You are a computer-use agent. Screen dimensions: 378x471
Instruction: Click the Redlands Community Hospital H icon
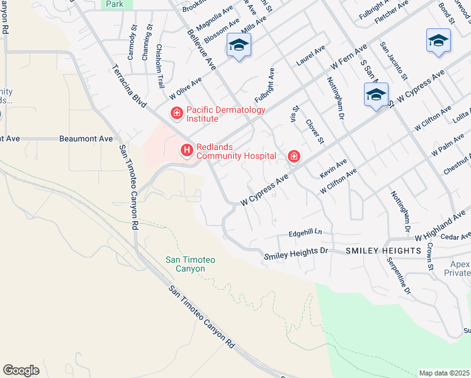pos(186,150)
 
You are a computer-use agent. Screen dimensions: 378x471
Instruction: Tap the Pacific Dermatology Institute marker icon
pos(178,113)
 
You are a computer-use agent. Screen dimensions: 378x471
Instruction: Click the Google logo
pos(21,370)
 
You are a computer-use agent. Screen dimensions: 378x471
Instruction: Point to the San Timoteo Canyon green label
pos(190,264)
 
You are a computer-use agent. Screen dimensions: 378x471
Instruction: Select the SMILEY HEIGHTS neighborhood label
pos(383,251)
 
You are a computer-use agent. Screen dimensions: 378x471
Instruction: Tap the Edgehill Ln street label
pos(305,232)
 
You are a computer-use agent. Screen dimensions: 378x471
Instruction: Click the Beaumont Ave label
pos(86,138)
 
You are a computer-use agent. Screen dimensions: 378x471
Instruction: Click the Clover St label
pos(314,130)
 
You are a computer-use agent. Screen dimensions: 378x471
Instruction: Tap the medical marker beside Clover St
pos(293,156)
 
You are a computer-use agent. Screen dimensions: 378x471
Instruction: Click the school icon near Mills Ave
pos(239,45)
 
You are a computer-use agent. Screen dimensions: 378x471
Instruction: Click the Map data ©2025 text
pos(445,373)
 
